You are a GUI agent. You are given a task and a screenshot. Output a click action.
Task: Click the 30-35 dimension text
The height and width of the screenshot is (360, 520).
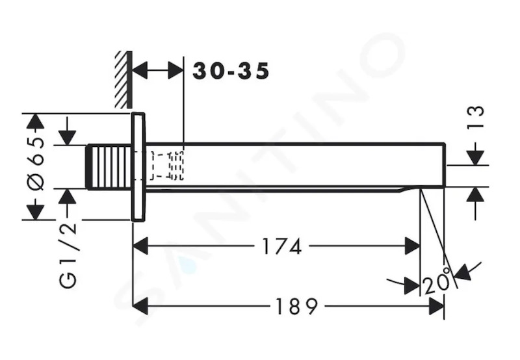click(231, 71)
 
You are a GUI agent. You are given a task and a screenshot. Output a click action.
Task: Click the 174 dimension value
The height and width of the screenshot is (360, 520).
click(282, 246)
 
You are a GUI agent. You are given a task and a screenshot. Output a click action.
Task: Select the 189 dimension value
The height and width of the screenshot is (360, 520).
click(296, 306)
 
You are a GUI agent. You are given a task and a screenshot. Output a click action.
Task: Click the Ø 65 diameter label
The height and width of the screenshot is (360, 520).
click(36, 164)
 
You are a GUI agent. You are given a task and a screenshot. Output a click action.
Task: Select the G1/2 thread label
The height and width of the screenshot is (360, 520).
click(68, 255)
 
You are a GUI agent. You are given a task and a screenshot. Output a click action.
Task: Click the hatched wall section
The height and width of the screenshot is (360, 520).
click(123, 79)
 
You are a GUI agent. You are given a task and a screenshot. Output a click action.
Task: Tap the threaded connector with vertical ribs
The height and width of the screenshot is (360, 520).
click(109, 167)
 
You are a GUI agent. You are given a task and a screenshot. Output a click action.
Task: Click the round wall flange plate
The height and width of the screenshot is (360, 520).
click(138, 167)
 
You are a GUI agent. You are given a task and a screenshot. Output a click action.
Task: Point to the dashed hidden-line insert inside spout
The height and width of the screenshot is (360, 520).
click(167, 166)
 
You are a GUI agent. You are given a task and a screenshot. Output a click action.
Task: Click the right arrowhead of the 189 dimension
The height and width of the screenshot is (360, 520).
click(436, 306)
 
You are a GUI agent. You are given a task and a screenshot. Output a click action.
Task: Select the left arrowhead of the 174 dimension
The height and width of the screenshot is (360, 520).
click(140, 246)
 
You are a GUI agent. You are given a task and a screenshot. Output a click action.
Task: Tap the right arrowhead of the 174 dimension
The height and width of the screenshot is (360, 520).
click(412, 246)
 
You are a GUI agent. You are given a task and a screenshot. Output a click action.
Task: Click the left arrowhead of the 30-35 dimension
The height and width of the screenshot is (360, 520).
click(140, 70)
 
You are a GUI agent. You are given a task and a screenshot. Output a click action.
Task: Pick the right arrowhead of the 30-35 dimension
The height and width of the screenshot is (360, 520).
click(175, 70)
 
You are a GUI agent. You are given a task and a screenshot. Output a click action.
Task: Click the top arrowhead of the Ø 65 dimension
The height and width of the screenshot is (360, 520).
click(36, 121)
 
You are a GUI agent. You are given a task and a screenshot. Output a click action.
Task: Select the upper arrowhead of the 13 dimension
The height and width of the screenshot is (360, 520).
click(476, 157)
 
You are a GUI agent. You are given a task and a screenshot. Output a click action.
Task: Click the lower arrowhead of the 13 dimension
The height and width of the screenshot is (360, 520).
click(476, 194)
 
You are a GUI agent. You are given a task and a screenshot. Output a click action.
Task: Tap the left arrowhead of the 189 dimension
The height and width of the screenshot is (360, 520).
click(140, 306)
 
